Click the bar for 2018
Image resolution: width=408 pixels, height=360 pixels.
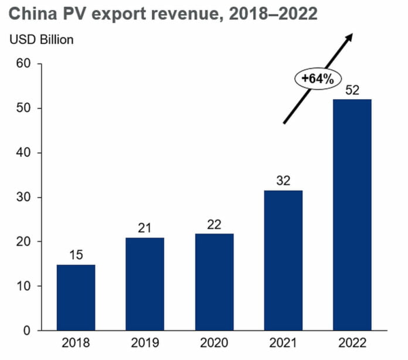tap(76, 297)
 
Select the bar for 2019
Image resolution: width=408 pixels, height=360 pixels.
tap(145, 284)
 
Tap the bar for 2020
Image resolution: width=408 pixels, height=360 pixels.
tap(214, 282)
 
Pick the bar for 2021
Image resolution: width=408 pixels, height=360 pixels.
tap(283, 260)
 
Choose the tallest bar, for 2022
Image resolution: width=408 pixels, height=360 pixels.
tap(352, 215)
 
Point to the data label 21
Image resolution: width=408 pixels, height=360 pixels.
tap(145, 227)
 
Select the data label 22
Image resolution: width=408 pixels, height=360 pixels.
tap(214, 223)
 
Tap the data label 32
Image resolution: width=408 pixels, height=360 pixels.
tap(283, 180)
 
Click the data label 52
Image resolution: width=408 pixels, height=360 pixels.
tap(352, 90)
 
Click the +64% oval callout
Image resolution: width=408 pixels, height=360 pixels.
tap(317, 80)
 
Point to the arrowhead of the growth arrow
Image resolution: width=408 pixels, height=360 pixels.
tap(350, 37)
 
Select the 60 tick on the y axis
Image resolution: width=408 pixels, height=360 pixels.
tap(23, 63)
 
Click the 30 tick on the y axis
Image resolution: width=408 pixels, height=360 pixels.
tap(23, 197)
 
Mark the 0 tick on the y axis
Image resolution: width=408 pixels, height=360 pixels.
tap(27, 331)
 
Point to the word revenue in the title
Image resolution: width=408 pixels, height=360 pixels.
tap(177, 13)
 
